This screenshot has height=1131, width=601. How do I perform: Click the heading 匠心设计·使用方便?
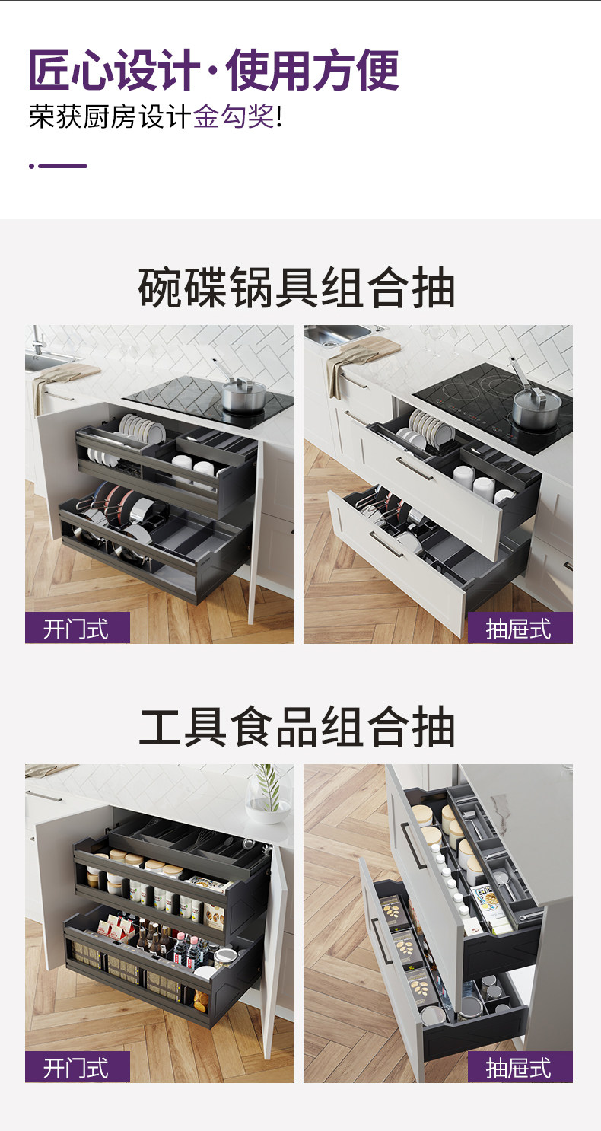click(x=214, y=70)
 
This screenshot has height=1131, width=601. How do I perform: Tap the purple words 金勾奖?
click(x=234, y=116)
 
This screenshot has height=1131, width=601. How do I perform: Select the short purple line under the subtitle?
click(x=59, y=166)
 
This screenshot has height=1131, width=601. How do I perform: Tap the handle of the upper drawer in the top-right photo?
click(x=415, y=469)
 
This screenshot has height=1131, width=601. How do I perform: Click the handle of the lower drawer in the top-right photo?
click(x=386, y=543)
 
